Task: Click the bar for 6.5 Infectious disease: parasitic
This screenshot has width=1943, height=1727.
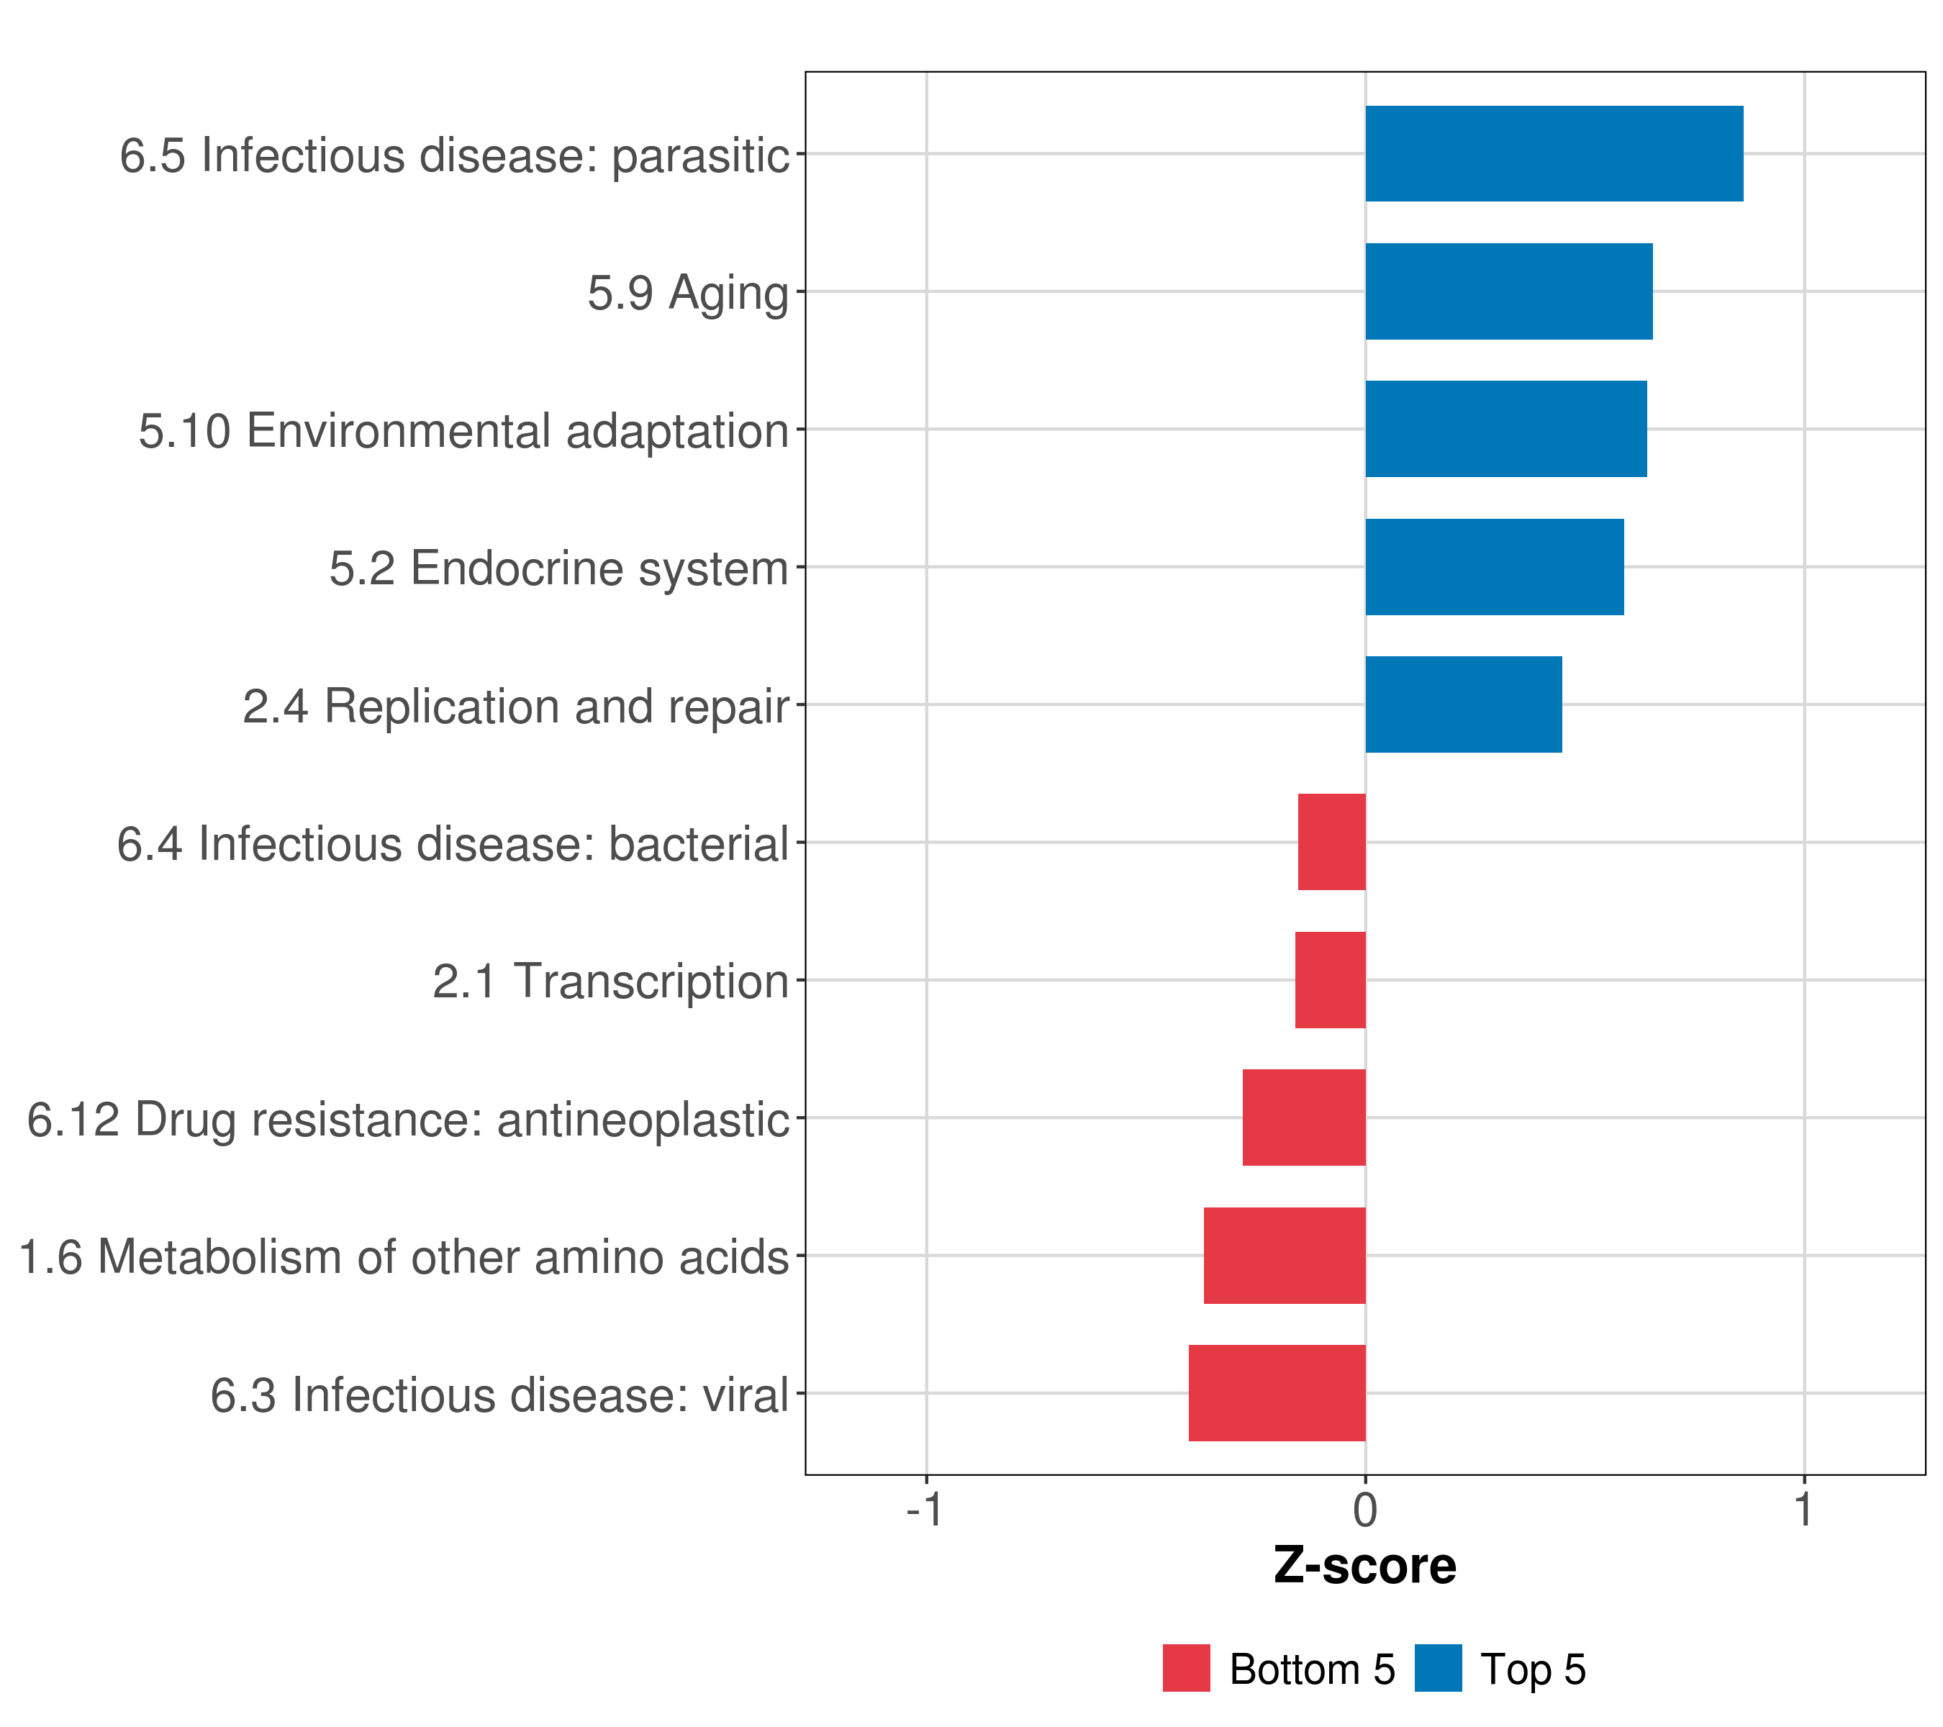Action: click(x=1554, y=154)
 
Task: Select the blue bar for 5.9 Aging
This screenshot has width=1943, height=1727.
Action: click(x=1508, y=292)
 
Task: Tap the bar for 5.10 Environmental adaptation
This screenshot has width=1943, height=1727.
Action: click(x=1505, y=429)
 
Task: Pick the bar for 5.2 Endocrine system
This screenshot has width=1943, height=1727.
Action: click(x=1495, y=568)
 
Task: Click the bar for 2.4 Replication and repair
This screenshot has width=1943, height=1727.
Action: click(x=1464, y=704)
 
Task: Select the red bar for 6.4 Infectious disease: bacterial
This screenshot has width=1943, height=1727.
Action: click(x=1332, y=842)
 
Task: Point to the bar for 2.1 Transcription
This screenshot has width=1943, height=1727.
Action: click(x=1330, y=980)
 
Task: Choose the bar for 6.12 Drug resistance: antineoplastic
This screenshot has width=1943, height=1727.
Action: click(x=1304, y=1118)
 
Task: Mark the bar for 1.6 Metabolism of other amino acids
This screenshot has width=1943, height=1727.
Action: click(x=1285, y=1256)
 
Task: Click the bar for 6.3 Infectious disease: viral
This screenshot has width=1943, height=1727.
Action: click(x=1277, y=1393)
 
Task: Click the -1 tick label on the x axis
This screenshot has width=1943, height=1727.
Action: click(x=925, y=1510)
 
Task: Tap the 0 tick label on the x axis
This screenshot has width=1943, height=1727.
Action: click(x=1365, y=1510)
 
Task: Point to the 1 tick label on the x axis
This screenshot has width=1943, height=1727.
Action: click(x=1804, y=1510)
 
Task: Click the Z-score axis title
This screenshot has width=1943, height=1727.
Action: click(x=1365, y=1567)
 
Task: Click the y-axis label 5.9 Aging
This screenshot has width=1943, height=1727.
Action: click(x=688, y=294)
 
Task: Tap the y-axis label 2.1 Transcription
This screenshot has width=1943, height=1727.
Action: click(x=611, y=982)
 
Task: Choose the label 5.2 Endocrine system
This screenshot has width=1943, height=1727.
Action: click(x=559, y=569)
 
